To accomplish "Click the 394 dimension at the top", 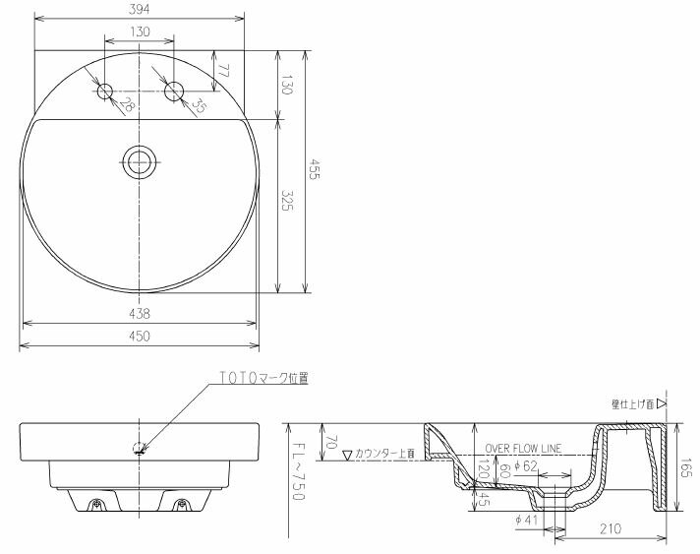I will point(141,9).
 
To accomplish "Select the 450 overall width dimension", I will point(141,337).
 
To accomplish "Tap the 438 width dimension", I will point(141,314).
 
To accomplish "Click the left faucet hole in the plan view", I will point(106,92).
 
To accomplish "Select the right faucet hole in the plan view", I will point(175,92).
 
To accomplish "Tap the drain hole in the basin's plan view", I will point(141,162).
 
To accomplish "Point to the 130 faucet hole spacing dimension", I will point(141,32).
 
